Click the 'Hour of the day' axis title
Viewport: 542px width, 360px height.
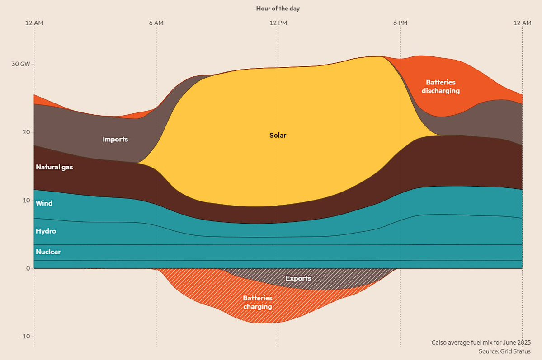pos(278,9)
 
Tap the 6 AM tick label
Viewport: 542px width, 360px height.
pos(156,23)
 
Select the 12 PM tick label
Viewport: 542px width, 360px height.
pos(278,23)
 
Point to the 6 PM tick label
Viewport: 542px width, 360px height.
pos(400,23)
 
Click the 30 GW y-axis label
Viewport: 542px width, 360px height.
pos(21,64)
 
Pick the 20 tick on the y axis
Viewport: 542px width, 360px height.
pos(26,132)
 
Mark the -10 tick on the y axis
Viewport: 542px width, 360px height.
pos(25,336)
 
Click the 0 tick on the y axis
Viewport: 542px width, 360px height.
pos(28,268)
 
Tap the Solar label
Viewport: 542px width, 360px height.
pos(278,136)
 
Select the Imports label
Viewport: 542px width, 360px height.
pos(115,139)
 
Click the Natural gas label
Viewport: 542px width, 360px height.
pos(54,167)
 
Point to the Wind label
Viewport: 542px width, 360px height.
pos(44,203)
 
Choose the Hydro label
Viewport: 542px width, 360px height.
pos(46,231)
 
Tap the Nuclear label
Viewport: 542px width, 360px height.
pos(48,252)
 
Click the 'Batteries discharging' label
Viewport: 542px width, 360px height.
pos(441,87)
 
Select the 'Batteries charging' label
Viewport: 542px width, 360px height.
pos(258,302)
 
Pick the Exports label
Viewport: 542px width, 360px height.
pos(298,278)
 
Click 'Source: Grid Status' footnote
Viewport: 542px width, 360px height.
pos(504,351)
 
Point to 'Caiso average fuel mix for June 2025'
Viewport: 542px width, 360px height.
pos(481,342)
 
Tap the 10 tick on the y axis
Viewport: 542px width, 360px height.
pos(27,201)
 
